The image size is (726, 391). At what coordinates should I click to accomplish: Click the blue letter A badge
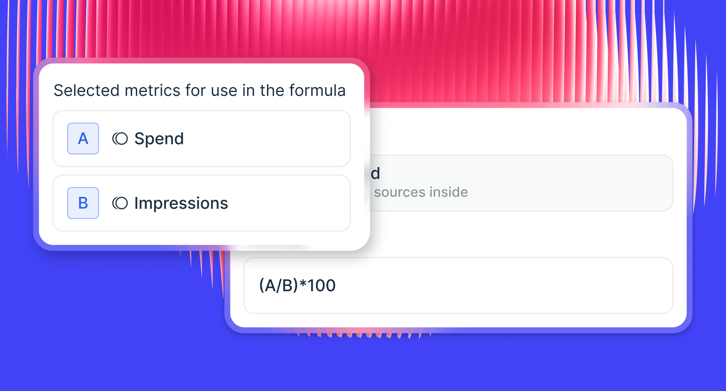tap(83, 138)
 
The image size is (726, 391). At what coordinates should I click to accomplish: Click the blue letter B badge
tap(83, 203)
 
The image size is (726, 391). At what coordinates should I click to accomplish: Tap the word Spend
tap(159, 139)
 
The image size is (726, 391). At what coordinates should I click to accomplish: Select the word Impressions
tap(181, 203)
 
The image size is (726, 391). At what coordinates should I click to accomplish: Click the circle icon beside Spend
tap(120, 139)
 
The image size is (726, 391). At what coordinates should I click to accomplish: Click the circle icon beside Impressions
tap(120, 203)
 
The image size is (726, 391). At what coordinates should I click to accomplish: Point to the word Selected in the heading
tap(87, 90)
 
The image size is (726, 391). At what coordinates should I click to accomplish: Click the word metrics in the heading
tap(152, 90)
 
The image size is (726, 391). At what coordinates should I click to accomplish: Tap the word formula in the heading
tap(317, 90)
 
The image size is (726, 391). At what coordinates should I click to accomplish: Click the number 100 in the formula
tap(322, 285)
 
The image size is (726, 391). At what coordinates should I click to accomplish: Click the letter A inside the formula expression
tap(270, 285)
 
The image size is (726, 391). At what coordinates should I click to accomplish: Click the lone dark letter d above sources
tap(375, 173)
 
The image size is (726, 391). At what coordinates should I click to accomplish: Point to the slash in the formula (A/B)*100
tap(279, 285)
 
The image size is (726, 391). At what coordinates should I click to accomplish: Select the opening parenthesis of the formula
tap(262, 285)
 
